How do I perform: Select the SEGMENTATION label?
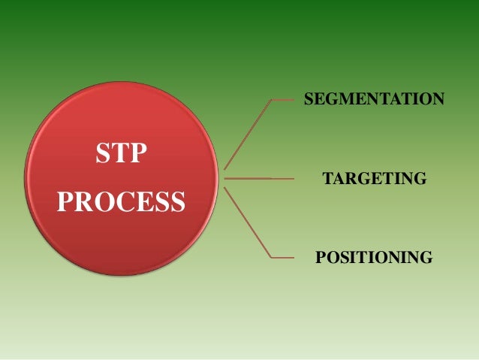[x=373, y=98]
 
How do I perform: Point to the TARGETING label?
[x=374, y=179]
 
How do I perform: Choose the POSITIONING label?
[x=374, y=259]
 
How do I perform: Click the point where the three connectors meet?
[x=224, y=179]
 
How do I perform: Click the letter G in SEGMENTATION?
[x=332, y=98]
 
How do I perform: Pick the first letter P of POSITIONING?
[x=321, y=259]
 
